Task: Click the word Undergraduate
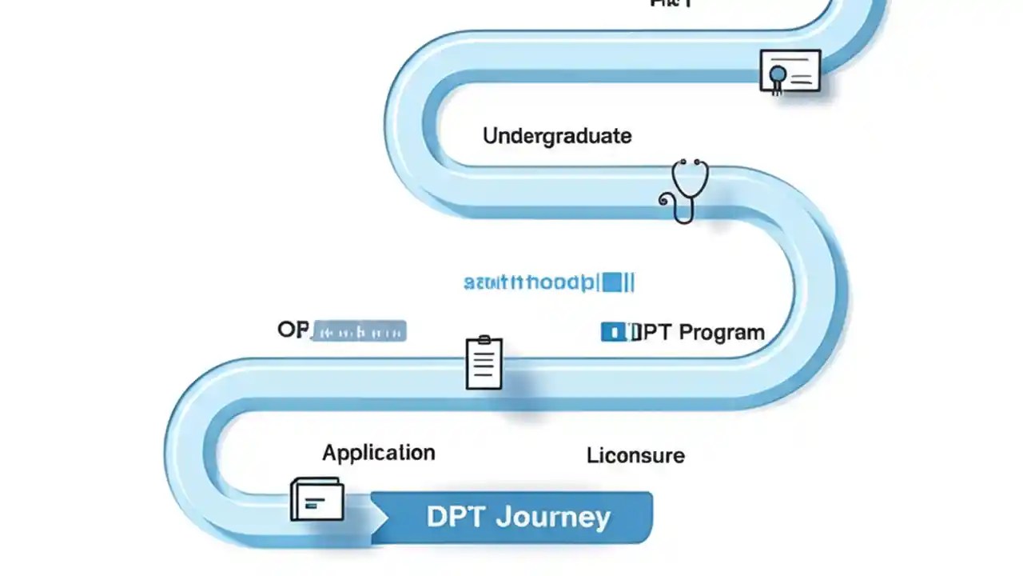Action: (557, 136)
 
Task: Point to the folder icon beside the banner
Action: (317, 499)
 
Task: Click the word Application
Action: (379, 453)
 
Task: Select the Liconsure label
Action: (635, 456)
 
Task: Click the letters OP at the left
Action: (292, 330)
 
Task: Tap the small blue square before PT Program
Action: (612, 331)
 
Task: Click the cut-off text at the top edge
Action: (671, 4)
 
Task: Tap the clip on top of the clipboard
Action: (484, 341)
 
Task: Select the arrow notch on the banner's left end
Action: (380, 518)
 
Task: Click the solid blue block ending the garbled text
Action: (613, 282)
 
